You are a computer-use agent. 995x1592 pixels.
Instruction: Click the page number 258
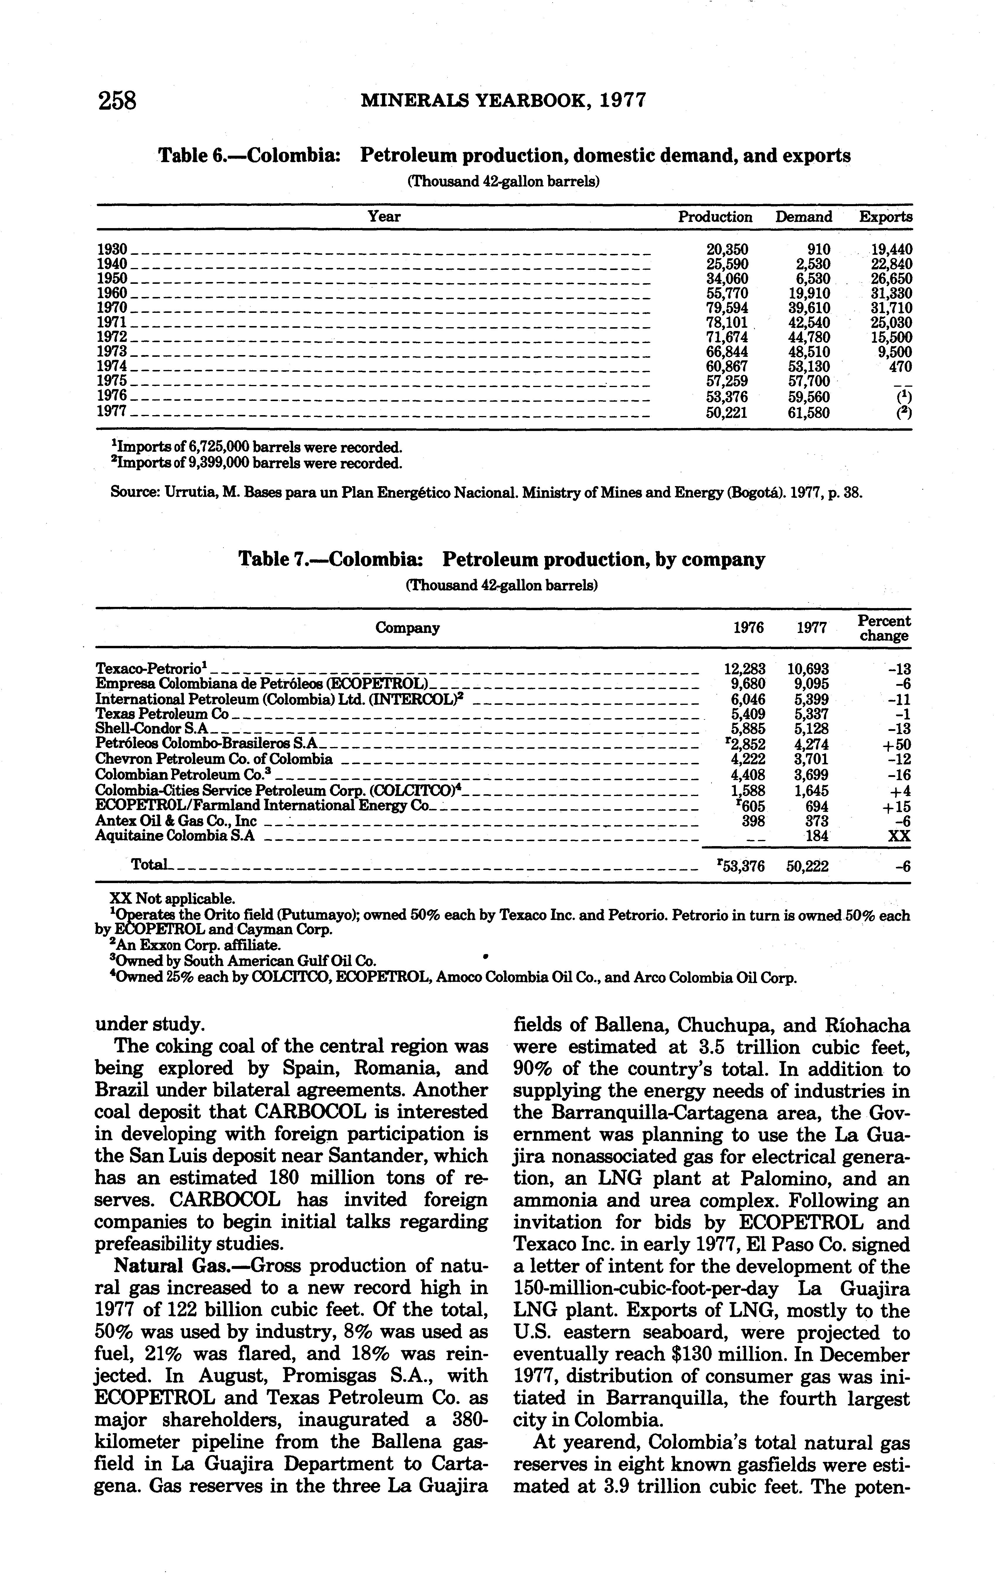point(117,101)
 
